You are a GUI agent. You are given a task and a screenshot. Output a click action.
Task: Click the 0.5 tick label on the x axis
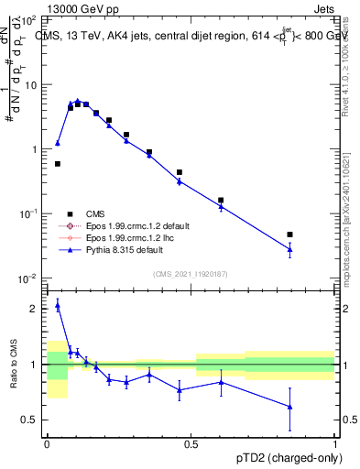click(x=191, y=443)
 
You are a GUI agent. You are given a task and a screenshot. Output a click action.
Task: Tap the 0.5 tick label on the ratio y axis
click(x=30, y=420)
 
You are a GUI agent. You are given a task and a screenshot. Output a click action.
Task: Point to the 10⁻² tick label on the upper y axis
click(x=27, y=278)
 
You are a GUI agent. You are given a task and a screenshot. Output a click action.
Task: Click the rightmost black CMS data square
click(x=289, y=234)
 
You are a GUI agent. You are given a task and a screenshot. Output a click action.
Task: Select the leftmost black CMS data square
click(x=58, y=164)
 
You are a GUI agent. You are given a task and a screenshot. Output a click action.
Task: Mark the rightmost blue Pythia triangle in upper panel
click(x=289, y=249)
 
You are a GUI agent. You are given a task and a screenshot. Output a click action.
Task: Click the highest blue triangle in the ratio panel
click(x=58, y=306)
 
